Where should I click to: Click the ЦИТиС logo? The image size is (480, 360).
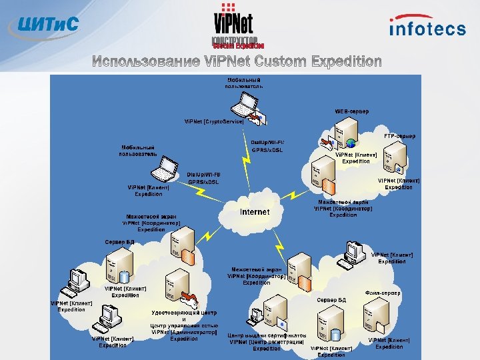click(43, 25)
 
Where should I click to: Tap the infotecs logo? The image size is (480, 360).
click(427, 27)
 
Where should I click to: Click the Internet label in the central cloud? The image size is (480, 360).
click(255, 212)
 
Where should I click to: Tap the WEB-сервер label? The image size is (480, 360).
click(351, 111)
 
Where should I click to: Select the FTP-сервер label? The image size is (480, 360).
click(399, 136)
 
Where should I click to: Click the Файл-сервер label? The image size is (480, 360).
click(383, 293)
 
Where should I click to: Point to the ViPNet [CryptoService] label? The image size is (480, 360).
click(214, 122)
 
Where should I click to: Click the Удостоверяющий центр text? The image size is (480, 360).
click(184, 313)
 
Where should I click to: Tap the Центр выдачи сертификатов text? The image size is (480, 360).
click(267, 335)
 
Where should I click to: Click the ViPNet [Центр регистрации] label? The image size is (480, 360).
click(267, 342)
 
